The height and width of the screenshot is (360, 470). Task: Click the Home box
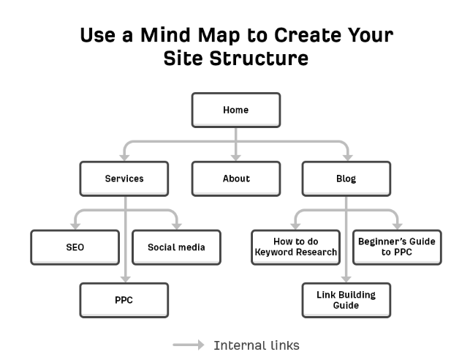[x=236, y=110]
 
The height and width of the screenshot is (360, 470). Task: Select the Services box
[x=124, y=179]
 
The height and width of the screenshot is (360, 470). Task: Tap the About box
[x=236, y=179]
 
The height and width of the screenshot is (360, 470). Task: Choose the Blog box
[x=346, y=179]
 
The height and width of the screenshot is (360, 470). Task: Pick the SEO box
[x=75, y=247]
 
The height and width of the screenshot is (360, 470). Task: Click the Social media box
[x=177, y=247]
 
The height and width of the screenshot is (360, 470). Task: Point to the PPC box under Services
[x=124, y=300]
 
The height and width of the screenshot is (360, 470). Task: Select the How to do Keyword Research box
[x=295, y=247]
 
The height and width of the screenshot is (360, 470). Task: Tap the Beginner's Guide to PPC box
[x=397, y=247]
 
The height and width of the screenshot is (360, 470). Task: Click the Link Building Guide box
[x=346, y=300]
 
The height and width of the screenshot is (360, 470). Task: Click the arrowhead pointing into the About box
[x=236, y=158]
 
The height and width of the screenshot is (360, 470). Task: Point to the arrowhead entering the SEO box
[x=75, y=227]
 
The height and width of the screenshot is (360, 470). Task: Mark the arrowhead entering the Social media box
[x=177, y=227]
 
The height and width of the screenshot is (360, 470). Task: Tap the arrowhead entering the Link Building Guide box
[x=346, y=280]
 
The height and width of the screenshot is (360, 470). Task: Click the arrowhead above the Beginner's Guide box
[x=398, y=227]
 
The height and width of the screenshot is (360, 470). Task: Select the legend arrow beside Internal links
[x=189, y=345]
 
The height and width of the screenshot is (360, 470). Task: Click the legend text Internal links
[x=257, y=345]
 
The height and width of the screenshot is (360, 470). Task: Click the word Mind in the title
[x=165, y=35]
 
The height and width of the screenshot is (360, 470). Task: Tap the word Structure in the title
[x=259, y=59]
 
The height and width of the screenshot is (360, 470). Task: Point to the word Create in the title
[x=308, y=35]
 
